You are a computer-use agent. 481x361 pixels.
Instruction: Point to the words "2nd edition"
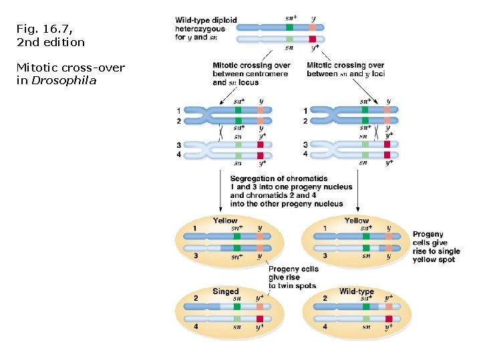(51, 42)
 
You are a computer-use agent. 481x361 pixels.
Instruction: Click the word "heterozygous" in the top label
(200, 29)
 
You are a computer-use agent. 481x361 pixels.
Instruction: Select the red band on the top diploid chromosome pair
(313, 39)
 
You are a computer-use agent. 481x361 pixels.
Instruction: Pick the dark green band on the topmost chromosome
(289, 27)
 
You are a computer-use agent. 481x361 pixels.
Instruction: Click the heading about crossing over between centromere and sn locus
(251, 74)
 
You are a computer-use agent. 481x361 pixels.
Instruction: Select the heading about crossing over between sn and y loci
(345, 70)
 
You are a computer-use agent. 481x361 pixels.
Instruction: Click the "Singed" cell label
(225, 291)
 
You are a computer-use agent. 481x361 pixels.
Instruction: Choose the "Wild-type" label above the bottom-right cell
(356, 291)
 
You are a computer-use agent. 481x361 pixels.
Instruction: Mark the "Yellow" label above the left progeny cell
(225, 221)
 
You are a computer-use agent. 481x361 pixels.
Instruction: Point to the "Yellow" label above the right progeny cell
(356, 221)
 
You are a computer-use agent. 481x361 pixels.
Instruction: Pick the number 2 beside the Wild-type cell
(325, 297)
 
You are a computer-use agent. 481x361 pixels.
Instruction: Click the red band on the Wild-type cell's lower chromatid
(387, 319)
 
